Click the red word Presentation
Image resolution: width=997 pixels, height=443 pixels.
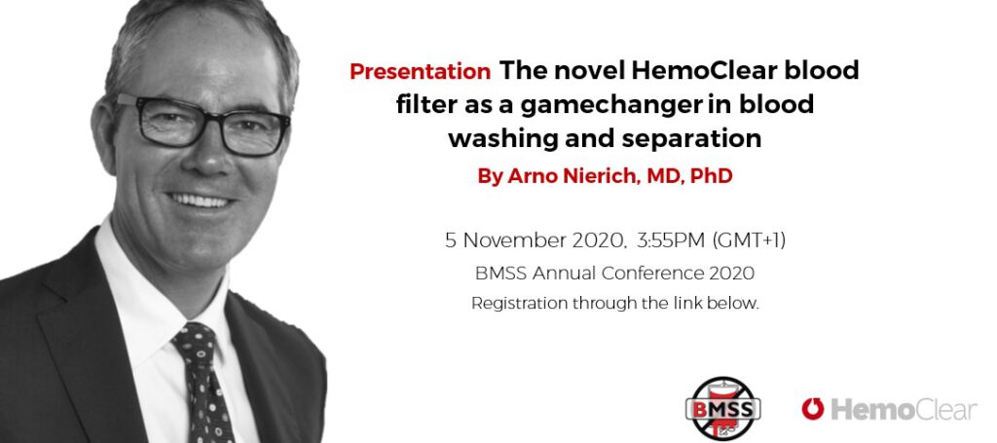tap(420, 71)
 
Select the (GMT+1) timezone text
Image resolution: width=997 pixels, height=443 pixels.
tap(749, 240)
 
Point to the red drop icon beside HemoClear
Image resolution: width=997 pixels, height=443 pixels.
tap(812, 409)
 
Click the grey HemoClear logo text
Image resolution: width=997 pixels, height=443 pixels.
tap(903, 409)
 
